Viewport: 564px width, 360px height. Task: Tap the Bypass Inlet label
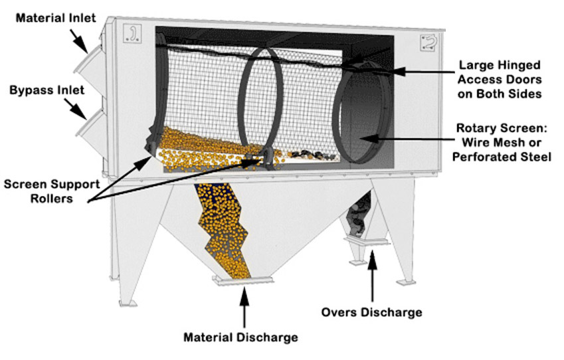(x=41, y=89)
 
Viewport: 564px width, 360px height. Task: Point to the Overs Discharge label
(x=371, y=312)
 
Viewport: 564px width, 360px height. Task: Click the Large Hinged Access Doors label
(x=500, y=80)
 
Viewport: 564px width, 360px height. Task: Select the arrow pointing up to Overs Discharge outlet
(x=372, y=276)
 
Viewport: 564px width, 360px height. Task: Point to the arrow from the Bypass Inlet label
(x=76, y=107)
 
